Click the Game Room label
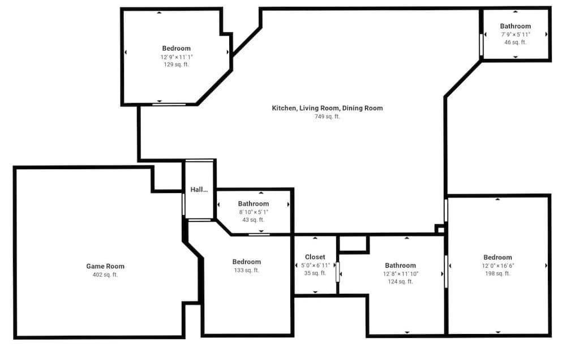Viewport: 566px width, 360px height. point(105,266)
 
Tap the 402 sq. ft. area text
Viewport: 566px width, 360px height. point(105,275)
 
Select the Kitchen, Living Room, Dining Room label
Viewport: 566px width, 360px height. point(327,108)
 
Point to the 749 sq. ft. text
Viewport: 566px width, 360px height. point(327,117)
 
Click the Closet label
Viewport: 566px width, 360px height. point(315,257)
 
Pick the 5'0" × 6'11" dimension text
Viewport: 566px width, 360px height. point(315,265)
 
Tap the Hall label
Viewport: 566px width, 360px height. point(199,190)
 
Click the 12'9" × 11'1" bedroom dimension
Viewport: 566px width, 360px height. point(177,57)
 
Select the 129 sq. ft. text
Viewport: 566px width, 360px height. point(177,65)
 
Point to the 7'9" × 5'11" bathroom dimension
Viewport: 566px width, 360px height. point(516,35)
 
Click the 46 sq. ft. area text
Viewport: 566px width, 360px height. point(516,42)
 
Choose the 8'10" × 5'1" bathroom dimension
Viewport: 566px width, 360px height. point(254,212)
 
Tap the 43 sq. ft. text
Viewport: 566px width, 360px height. point(254,220)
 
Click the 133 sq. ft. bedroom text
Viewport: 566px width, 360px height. point(247,271)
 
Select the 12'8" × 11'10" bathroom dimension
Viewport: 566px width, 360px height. point(400,274)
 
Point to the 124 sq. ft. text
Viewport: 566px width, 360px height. point(400,282)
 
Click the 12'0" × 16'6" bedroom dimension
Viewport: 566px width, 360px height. point(498,265)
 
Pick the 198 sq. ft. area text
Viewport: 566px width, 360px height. point(498,274)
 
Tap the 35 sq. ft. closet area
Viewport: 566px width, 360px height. point(315,273)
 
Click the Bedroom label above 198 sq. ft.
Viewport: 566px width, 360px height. point(498,257)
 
